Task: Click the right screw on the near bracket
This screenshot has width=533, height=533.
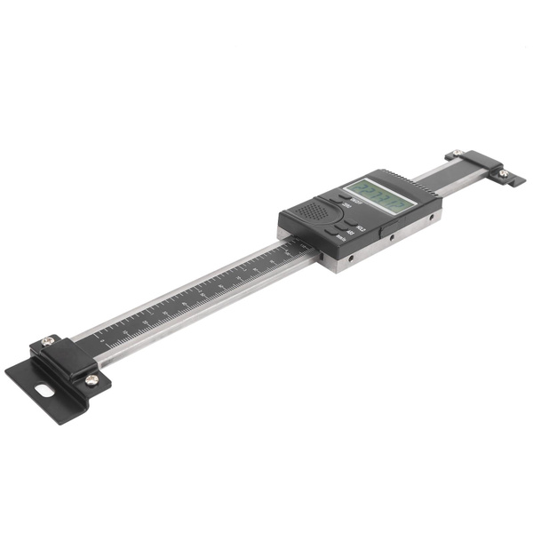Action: coord(91,379)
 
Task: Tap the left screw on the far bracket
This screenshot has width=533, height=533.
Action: coord(456,154)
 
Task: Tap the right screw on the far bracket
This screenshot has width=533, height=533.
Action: coord(503,174)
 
